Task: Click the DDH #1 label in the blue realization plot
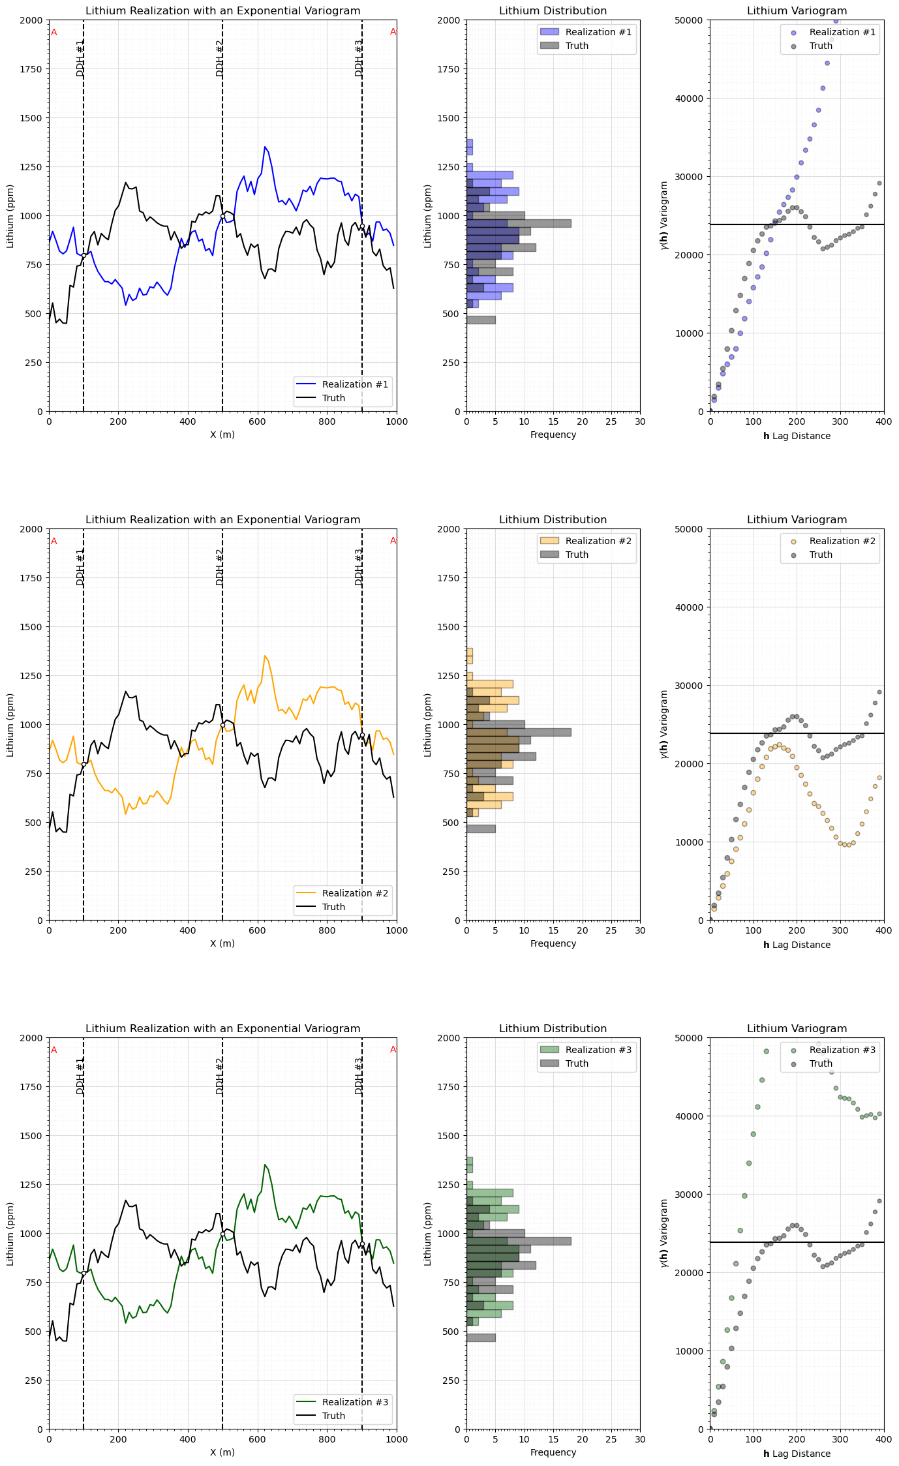[x=81, y=57]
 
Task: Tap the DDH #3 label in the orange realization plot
[x=359, y=566]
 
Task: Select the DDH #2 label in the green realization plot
[x=220, y=1075]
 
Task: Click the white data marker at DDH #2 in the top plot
[x=222, y=216]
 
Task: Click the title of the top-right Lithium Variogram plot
[x=797, y=11]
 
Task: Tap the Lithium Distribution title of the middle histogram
[x=553, y=520]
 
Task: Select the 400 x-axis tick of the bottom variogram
[x=884, y=1440]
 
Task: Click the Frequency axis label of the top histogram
[x=553, y=435]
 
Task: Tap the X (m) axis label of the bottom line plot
[x=222, y=1452]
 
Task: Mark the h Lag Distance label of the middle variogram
[x=797, y=945]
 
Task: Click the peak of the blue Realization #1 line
[x=265, y=147]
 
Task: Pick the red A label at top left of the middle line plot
[x=54, y=542]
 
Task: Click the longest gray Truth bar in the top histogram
[x=519, y=223]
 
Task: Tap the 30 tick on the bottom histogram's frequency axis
[x=640, y=1440]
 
